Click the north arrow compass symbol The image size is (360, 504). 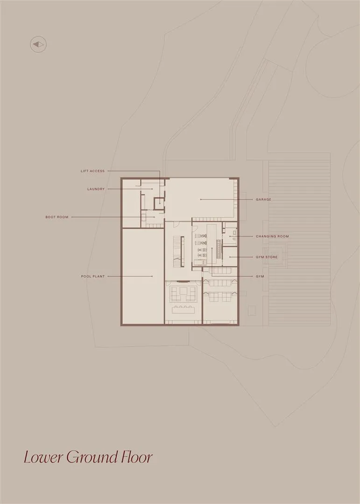click(38, 44)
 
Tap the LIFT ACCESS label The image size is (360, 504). click(92, 171)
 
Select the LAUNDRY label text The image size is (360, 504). click(96, 189)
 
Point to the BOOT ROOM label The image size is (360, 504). click(57, 217)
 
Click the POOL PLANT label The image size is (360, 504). click(92, 276)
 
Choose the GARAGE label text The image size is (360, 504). click(263, 199)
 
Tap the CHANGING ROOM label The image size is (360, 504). click(272, 236)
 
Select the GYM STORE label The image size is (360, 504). click(266, 257)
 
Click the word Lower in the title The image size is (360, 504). click(43, 457)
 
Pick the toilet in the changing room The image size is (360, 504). click(234, 231)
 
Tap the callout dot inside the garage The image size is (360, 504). click(201, 199)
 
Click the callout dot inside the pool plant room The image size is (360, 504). click(152, 276)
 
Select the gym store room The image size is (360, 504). click(230, 256)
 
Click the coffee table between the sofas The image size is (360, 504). click(184, 291)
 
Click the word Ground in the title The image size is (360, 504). click(92, 457)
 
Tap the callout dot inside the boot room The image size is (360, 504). click(155, 217)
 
